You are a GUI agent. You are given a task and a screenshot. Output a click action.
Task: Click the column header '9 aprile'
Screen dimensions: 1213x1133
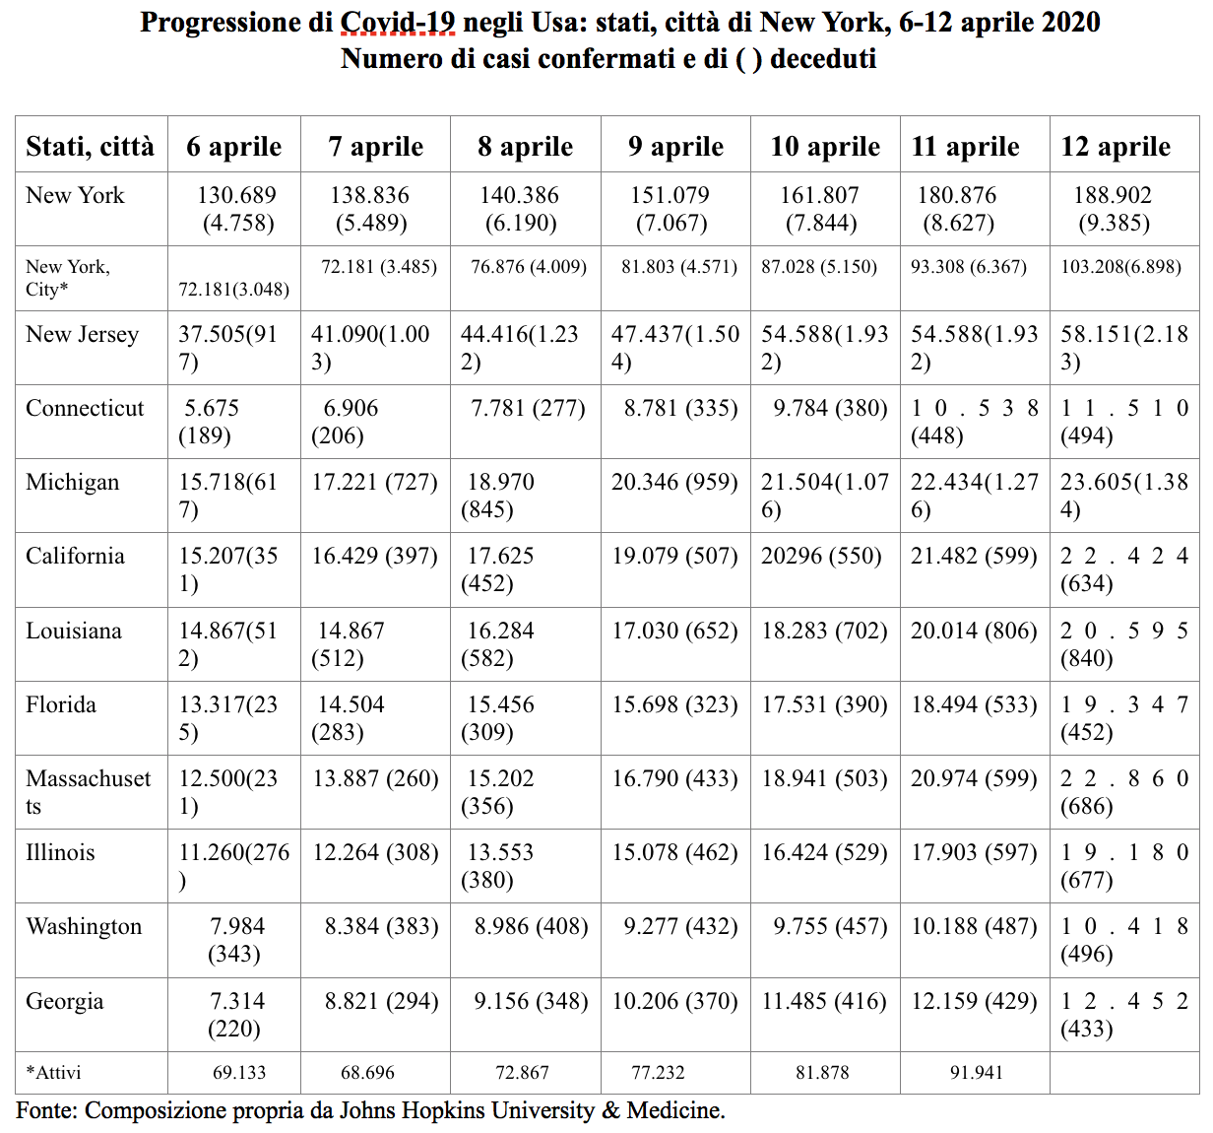click(x=675, y=147)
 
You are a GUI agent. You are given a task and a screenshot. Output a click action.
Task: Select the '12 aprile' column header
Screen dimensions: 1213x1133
click(x=1116, y=147)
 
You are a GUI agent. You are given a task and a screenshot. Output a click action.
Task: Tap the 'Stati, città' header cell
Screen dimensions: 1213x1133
click(x=90, y=147)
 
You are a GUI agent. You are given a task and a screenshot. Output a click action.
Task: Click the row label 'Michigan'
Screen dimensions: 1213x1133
click(x=72, y=483)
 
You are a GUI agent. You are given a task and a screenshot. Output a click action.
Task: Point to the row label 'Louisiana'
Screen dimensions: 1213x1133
click(x=73, y=631)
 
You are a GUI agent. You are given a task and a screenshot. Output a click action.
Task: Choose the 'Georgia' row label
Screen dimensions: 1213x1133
click(x=64, y=1002)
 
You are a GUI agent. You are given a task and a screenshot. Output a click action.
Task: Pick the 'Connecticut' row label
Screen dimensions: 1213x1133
click(x=85, y=408)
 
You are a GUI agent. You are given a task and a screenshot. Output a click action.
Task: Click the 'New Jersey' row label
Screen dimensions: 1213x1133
click(x=82, y=334)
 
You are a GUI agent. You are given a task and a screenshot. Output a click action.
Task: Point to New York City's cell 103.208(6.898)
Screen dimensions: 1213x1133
click(x=1121, y=267)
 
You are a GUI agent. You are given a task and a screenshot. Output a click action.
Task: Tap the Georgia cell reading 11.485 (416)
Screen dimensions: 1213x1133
click(x=824, y=1002)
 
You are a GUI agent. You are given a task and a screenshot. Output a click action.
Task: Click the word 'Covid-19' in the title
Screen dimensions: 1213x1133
click(x=397, y=23)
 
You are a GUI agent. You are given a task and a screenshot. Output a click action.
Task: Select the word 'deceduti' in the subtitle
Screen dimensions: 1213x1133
click(x=823, y=59)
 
